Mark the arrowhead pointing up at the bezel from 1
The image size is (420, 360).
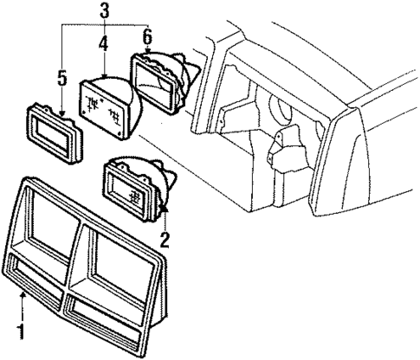click(x=22, y=298)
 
